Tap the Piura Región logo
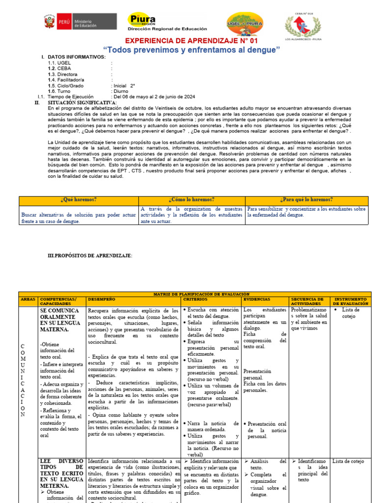point(167,23)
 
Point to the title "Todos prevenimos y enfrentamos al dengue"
point(191,50)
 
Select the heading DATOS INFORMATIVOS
point(77,57)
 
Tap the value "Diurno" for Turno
point(121,91)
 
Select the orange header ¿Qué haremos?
point(79,200)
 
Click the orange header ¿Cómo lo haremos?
point(191,200)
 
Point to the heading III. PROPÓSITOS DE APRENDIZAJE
point(90,256)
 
